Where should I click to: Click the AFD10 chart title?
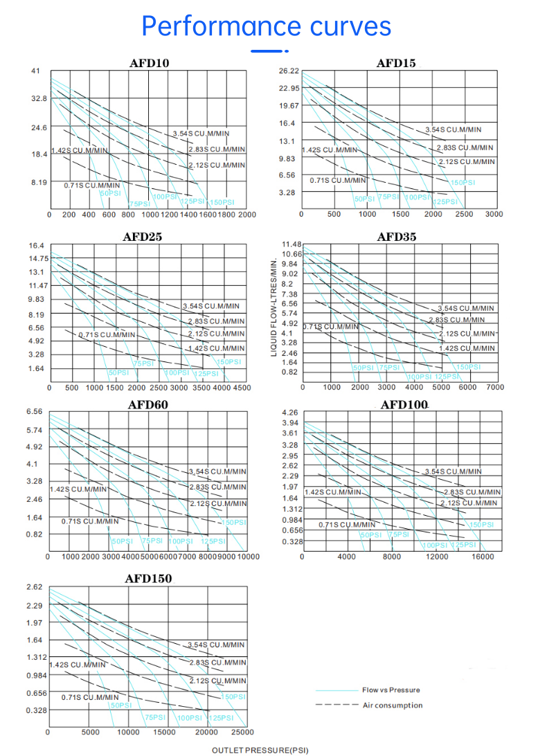(150, 63)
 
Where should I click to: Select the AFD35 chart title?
(397, 237)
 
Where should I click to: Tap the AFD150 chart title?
(148, 578)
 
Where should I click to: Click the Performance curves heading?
(267, 26)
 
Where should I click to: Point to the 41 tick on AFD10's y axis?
(36, 71)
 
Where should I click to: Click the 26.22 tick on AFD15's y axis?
(289, 71)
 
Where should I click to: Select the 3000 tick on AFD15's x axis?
(494, 215)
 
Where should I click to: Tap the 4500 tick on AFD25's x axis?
(242, 388)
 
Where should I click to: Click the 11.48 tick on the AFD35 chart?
(292, 244)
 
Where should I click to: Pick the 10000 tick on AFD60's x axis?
(247, 557)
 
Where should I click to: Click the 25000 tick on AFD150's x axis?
(242, 732)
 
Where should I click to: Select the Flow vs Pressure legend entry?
(391, 690)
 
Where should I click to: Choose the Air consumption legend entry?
(393, 705)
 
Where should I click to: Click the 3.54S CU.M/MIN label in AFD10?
(201, 133)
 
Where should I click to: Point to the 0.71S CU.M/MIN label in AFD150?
(90, 697)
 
